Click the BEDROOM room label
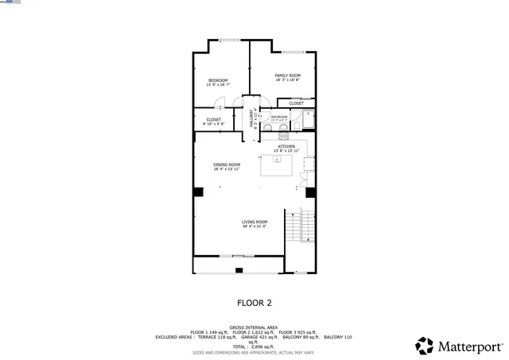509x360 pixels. tap(218, 80)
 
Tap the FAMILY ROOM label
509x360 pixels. tap(287, 75)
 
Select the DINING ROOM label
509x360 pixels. tap(227, 165)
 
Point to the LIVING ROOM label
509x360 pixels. tap(254, 222)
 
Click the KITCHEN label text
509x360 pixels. tap(286, 147)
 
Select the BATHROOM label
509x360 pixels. tap(279, 117)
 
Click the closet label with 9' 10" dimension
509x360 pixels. tap(213, 120)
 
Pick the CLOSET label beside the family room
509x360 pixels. tap(296, 103)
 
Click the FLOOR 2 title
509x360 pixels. tap(254, 303)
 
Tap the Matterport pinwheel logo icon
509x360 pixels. tap(425, 346)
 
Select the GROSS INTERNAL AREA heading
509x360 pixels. tap(254, 327)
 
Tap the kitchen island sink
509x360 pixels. tap(277, 159)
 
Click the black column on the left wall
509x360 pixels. tap(198, 192)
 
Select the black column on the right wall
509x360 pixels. tap(311, 192)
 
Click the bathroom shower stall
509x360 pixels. tap(308, 119)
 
